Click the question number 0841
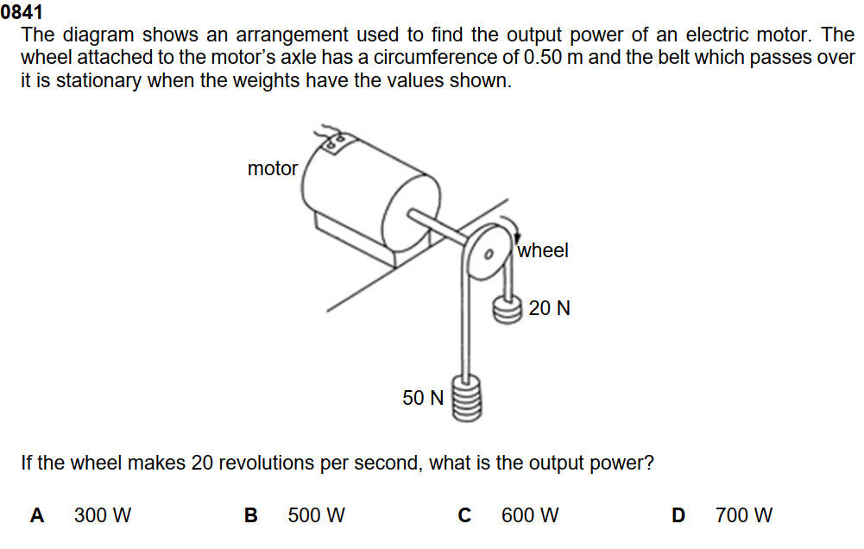pyautogui.click(x=21, y=13)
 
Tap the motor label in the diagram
pyautogui.click(x=272, y=169)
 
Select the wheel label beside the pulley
pyautogui.click(x=543, y=250)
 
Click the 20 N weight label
pyautogui.click(x=550, y=308)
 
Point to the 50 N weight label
pyautogui.click(x=423, y=398)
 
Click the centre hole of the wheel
pyautogui.click(x=488, y=256)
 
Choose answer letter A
pyautogui.click(x=37, y=516)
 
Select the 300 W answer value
pyautogui.click(x=103, y=516)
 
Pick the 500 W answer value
pyautogui.click(x=317, y=516)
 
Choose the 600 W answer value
pyautogui.click(x=530, y=516)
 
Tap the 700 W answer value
pyautogui.click(x=744, y=516)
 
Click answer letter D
pyautogui.click(x=678, y=516)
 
